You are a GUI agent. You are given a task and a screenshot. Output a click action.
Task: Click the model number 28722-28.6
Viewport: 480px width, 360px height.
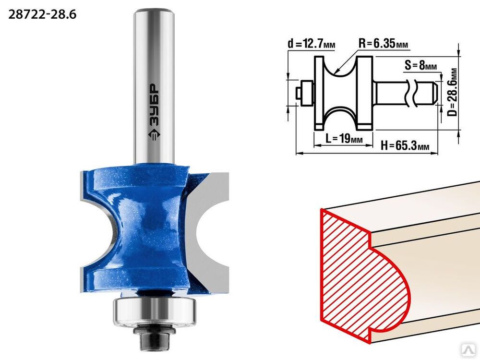42,14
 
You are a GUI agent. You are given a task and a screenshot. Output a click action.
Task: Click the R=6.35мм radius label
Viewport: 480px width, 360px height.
383,44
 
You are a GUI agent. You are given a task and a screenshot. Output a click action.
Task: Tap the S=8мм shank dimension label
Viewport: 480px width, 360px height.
420,65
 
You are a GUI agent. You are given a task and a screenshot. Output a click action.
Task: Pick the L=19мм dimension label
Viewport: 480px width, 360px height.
344,139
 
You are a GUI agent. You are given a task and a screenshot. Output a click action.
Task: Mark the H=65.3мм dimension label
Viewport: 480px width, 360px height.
405,145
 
